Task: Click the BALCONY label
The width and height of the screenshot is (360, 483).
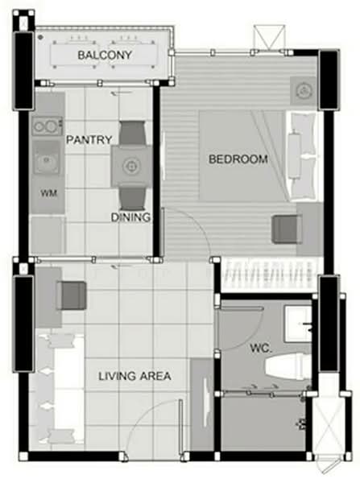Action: (x=105, y=55)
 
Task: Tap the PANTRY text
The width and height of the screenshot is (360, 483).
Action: (x=88, y=139)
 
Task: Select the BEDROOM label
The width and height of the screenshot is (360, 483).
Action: (x=238, y=159)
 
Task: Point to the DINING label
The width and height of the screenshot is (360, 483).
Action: (x=130, y=217)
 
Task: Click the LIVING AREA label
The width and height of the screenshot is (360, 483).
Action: (x=134, y=376)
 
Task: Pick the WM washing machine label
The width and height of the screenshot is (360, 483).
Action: (x=48, y=193)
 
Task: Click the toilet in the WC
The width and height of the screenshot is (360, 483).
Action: (x=287, y=367)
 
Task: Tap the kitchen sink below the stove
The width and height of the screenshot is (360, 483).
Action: (x=48, y=160)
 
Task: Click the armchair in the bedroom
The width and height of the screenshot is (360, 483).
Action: (x=287, y=229)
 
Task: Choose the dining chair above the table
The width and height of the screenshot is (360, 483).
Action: (x=131, y=131)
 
